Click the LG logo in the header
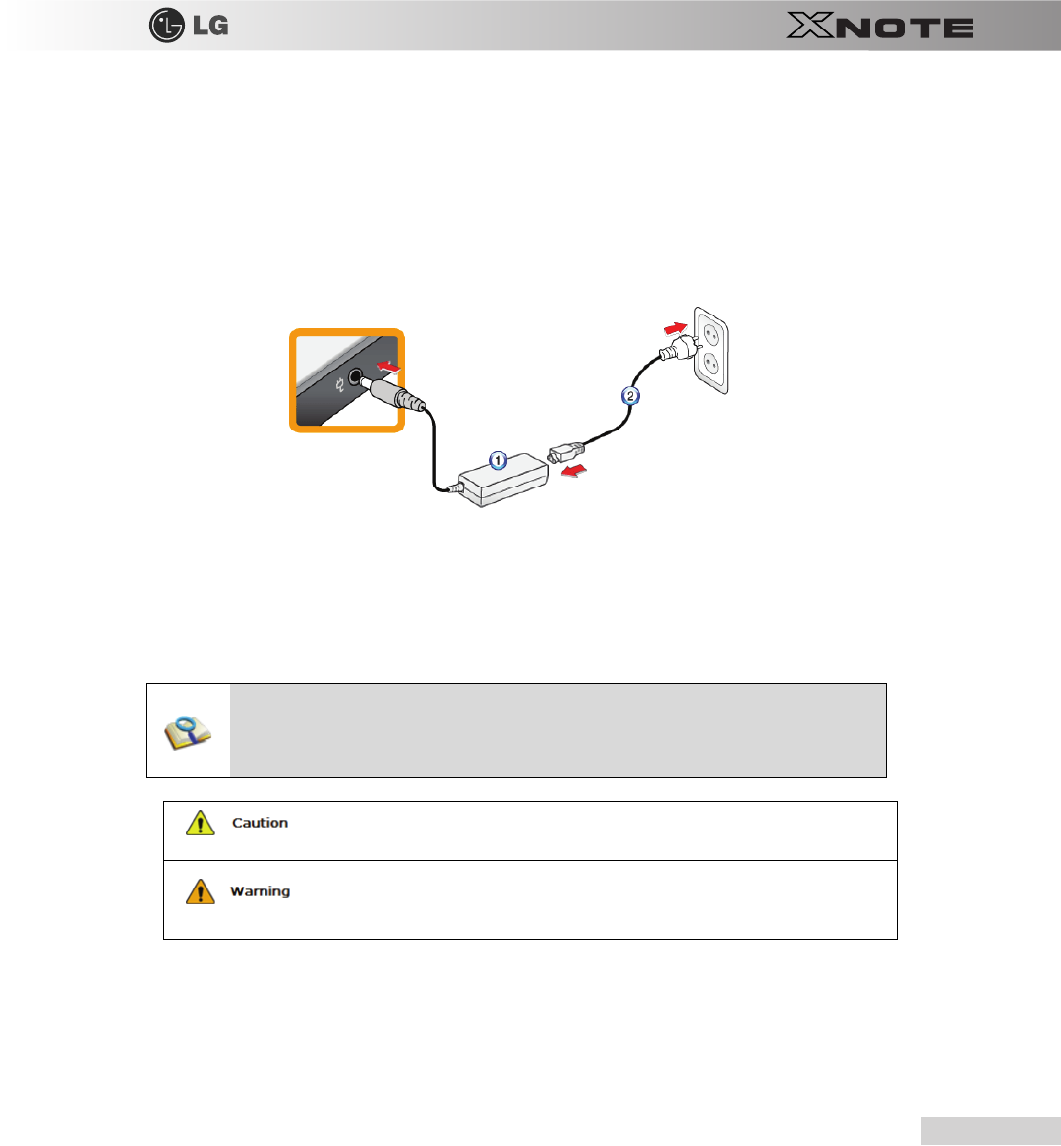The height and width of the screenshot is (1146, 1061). coord(188,26)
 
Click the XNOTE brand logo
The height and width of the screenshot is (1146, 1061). coord(879,27)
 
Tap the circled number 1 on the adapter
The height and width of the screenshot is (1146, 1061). coord(499,461)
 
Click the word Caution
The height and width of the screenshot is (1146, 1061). coord(260,823)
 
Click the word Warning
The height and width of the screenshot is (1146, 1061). coord(260,891)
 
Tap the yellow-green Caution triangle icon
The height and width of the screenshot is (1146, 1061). coord(201,823)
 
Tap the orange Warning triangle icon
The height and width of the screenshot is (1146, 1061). coord(201,891)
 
